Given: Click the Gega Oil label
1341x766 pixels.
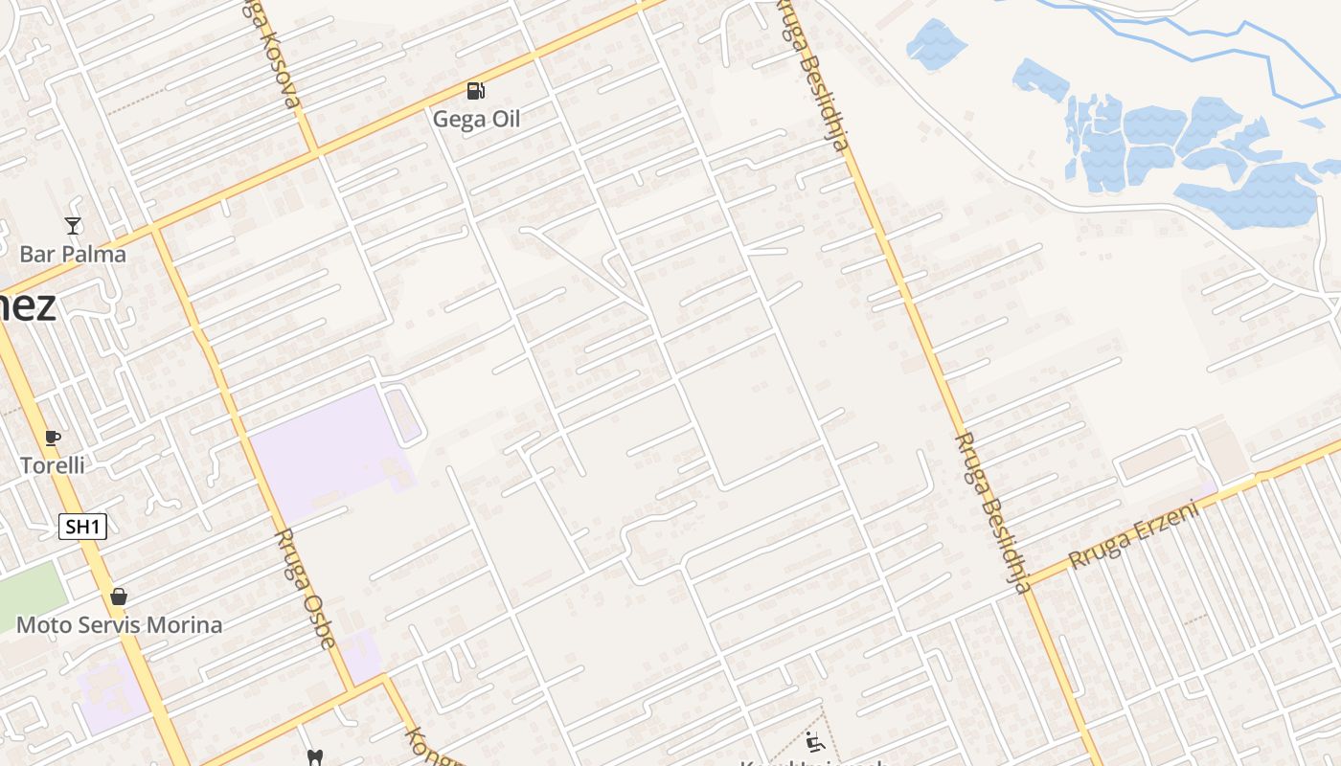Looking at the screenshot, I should tap(476, 120).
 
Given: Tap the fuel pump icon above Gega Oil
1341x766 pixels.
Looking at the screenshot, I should tap(475, 91).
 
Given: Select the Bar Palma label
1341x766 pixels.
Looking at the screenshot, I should tap(73, 255).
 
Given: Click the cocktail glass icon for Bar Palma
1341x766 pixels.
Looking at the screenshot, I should tap(73, 226).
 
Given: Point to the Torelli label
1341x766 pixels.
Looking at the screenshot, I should tap(53, 466).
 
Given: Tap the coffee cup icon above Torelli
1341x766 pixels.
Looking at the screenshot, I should tap(53, 439).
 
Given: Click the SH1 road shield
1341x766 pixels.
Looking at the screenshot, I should tap(82, 527).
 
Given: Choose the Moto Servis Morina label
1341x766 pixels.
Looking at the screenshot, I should tap(119, 625).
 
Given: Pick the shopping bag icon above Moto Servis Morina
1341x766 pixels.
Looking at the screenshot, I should tap(119, 597).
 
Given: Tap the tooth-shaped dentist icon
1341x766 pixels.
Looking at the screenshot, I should tap(313, 757).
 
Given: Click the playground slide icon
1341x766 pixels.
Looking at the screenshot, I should tap(815, 742).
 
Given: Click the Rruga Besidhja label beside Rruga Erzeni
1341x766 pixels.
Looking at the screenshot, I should tap(991, 512).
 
